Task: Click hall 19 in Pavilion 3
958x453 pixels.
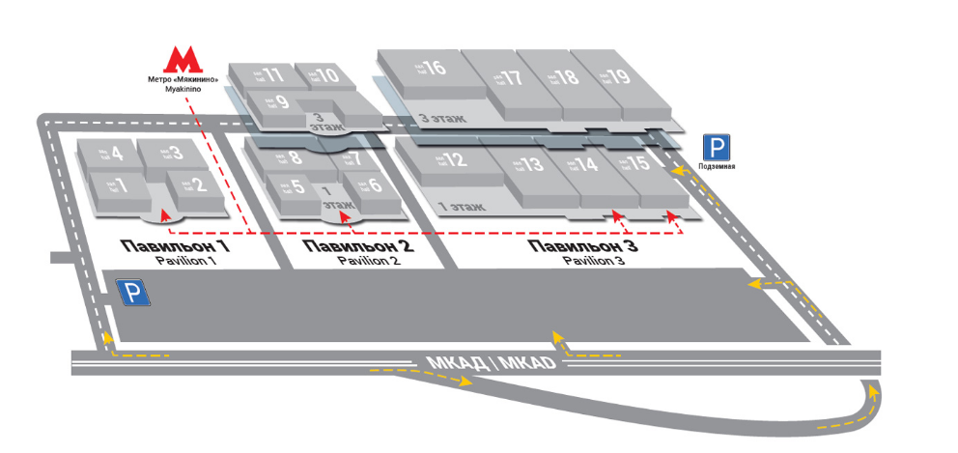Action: [615, 77]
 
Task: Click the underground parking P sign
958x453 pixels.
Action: [716, 148]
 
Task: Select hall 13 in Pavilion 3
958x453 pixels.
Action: [526, 164]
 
